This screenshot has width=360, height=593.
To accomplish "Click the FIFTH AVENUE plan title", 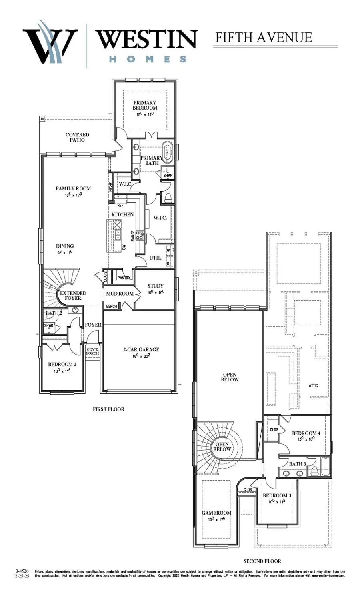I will click(264, 38).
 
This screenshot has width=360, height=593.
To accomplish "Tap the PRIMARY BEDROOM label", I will click(145, 105).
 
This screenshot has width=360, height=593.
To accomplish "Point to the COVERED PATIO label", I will click(77, 138).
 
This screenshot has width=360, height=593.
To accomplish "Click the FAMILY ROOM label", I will click(73, 188).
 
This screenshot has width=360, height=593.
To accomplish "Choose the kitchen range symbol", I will click(140, 235).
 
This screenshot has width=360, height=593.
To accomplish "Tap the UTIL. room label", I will click(156, 258).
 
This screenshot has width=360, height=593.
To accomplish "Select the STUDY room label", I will click(155, 286).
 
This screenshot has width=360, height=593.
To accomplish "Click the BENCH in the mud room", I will click(112, 306).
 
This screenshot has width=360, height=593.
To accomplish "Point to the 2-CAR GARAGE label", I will click(141, 349).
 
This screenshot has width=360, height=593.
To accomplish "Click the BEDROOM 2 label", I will click(62, 364).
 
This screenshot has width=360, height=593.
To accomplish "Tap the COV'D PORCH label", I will click(92, 351).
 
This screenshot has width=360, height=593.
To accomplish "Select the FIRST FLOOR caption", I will click(108, 409).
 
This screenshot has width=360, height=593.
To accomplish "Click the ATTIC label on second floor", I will click(313, 385).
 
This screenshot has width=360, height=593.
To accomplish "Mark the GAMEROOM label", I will click(216, 513).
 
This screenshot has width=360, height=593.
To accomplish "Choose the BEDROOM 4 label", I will click(306, 433).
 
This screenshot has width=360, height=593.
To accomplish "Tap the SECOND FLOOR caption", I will click(262, 561).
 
